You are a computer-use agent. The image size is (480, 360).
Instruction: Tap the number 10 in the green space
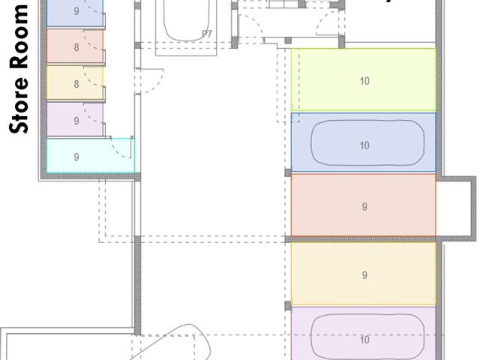pyautogui.click(x=364, y=80)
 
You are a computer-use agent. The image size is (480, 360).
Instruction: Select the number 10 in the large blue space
pyautogui.click(x=364, y=145)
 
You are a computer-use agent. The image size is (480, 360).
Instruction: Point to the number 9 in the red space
pyautogui.click(x=364, y=207)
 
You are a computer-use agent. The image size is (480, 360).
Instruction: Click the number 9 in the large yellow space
pyautogui.click(x=364, y=275)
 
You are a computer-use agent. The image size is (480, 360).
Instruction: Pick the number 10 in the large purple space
pyautogui.click(x=364, y=340)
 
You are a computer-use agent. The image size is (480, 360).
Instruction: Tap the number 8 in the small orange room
pyautogui.click(x=76, y=46)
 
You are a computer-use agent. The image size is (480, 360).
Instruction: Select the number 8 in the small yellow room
pyautogui.click(x=76, y=84)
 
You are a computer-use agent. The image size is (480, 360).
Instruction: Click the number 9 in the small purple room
pyautogui.click(x=76, y=120)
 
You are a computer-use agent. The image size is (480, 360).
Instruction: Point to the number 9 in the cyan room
pyautogui.click(x=76, y=157)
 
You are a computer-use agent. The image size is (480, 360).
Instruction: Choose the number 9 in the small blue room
pyautogui.click(x=76, y=11)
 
